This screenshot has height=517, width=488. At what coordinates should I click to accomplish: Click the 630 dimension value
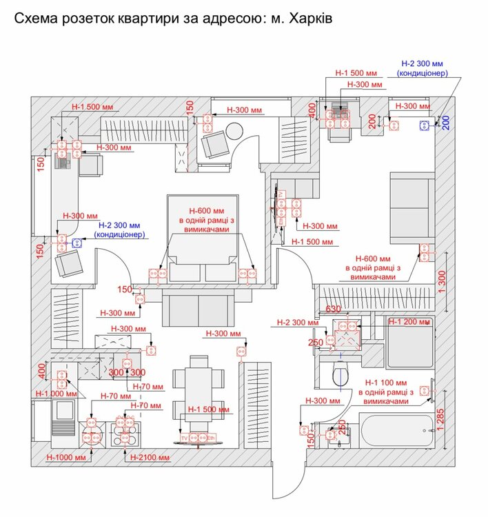coord(334,308)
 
